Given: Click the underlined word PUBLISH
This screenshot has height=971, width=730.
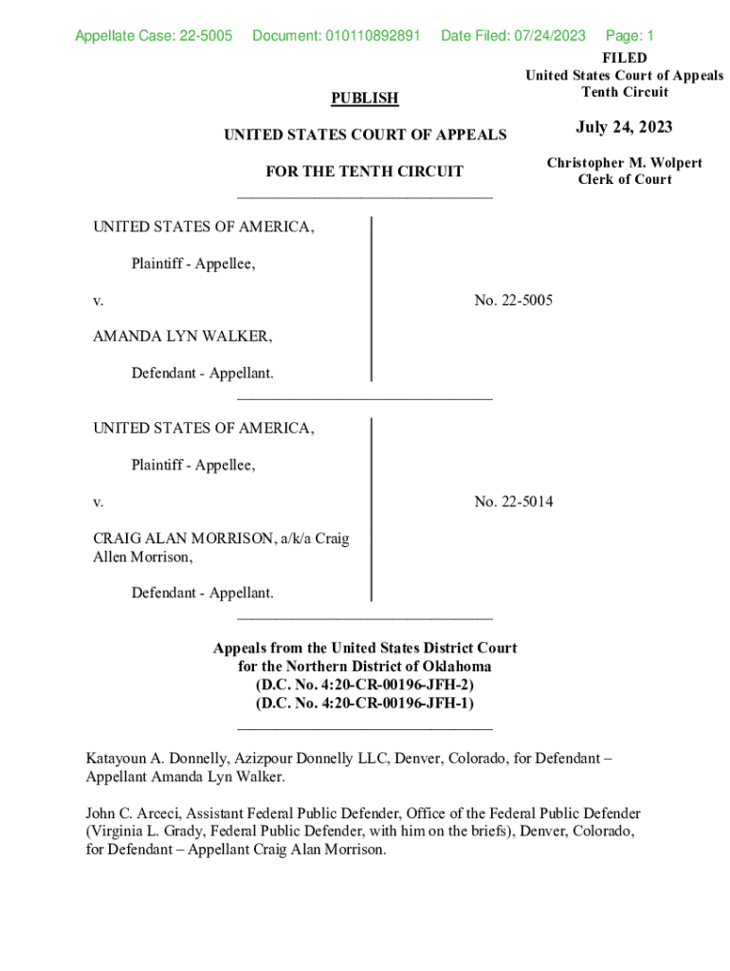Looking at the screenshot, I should coord(364,99).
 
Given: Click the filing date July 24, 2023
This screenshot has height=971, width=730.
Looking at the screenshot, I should coord(623,128).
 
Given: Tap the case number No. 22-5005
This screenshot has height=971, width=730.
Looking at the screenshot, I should coord(513,301).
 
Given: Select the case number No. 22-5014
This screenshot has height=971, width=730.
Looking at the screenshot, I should coord(513,502).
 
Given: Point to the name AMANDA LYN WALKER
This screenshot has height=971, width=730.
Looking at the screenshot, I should coord(182,337).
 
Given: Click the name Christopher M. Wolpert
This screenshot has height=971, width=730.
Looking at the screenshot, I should coord(624,163).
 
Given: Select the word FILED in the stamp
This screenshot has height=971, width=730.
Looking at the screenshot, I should coord(624,59).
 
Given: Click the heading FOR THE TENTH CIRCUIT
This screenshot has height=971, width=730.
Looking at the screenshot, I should coord(364,172).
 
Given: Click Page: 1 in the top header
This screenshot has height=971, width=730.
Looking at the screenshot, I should coord(630,37).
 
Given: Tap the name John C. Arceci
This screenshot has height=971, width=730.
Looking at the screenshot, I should coord(133,814).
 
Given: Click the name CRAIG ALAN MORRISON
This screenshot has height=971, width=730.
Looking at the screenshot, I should coord(181,539).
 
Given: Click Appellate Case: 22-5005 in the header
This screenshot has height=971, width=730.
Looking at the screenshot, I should coord(154,37).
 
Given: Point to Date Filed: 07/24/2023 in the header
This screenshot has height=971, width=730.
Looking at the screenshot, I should coord(513,37).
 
